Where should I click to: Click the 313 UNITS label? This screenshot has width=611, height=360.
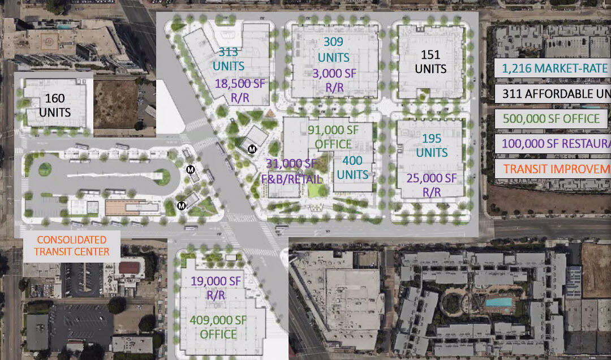click(x=229, y=59)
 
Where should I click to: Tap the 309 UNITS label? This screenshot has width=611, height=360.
click(x=333, y=49)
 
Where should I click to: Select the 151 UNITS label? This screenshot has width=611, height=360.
click(x=431, y=62)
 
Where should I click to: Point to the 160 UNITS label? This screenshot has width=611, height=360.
click(x=55, y=105)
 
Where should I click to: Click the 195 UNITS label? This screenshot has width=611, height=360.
click(x=432, y=146)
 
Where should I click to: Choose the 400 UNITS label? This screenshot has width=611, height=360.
click(x=352, y=168)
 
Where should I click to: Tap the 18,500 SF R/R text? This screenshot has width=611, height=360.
click(x=240, y=91)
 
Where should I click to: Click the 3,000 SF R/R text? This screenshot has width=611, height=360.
click(x=335, y=80)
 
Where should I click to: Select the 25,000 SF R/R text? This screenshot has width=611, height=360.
click(x=431, y=185)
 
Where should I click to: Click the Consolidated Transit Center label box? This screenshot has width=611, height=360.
click(x=72, y=246)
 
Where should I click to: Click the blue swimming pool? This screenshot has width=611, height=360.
click(x=498, y=302)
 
